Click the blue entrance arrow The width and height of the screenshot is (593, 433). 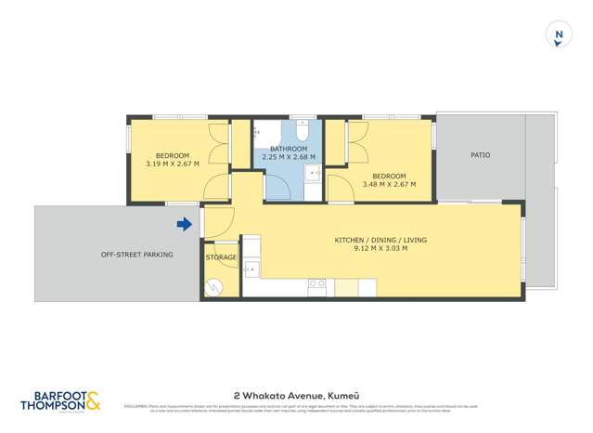point(185,224)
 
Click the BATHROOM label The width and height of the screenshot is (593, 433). point(288,149)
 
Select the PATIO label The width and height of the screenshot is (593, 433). point(480,155)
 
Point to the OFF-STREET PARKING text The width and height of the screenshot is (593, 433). point(137,254)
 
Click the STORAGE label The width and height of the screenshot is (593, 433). point(221,257)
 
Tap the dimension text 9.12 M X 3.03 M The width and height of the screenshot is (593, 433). point(380,249)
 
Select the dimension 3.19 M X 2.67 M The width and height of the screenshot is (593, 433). point(173,164)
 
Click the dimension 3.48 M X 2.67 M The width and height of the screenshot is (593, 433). point(389,184)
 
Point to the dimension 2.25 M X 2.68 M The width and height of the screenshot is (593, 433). point(288,157)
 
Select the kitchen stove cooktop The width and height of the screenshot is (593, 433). point(317,285)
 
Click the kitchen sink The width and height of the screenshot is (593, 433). point(251,269)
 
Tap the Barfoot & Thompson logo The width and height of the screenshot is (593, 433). point(61,399)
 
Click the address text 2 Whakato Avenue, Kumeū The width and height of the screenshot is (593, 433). point(296,394)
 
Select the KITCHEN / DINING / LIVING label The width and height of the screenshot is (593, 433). point(380,240)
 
